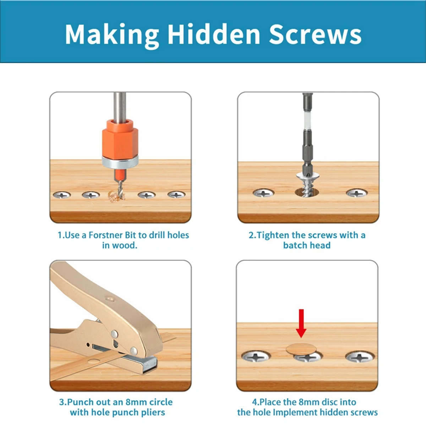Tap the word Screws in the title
pyautogui.click(x=315, y=34)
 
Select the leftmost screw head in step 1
pyautogui.click(x=62, y=195)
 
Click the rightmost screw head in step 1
pyautogui.click(x=176, y=195)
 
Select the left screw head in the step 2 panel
pyautogui.click(x=263, y=193)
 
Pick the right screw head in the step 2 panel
pyautogui.click(x=356, y=193)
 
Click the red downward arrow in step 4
pyautogui.click(x=301, y=323)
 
